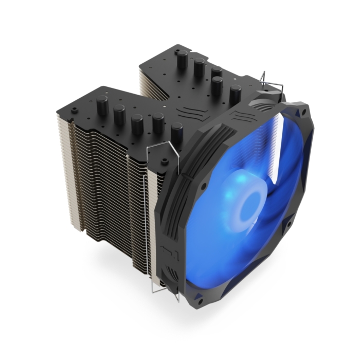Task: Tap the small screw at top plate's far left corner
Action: point(75,110)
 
